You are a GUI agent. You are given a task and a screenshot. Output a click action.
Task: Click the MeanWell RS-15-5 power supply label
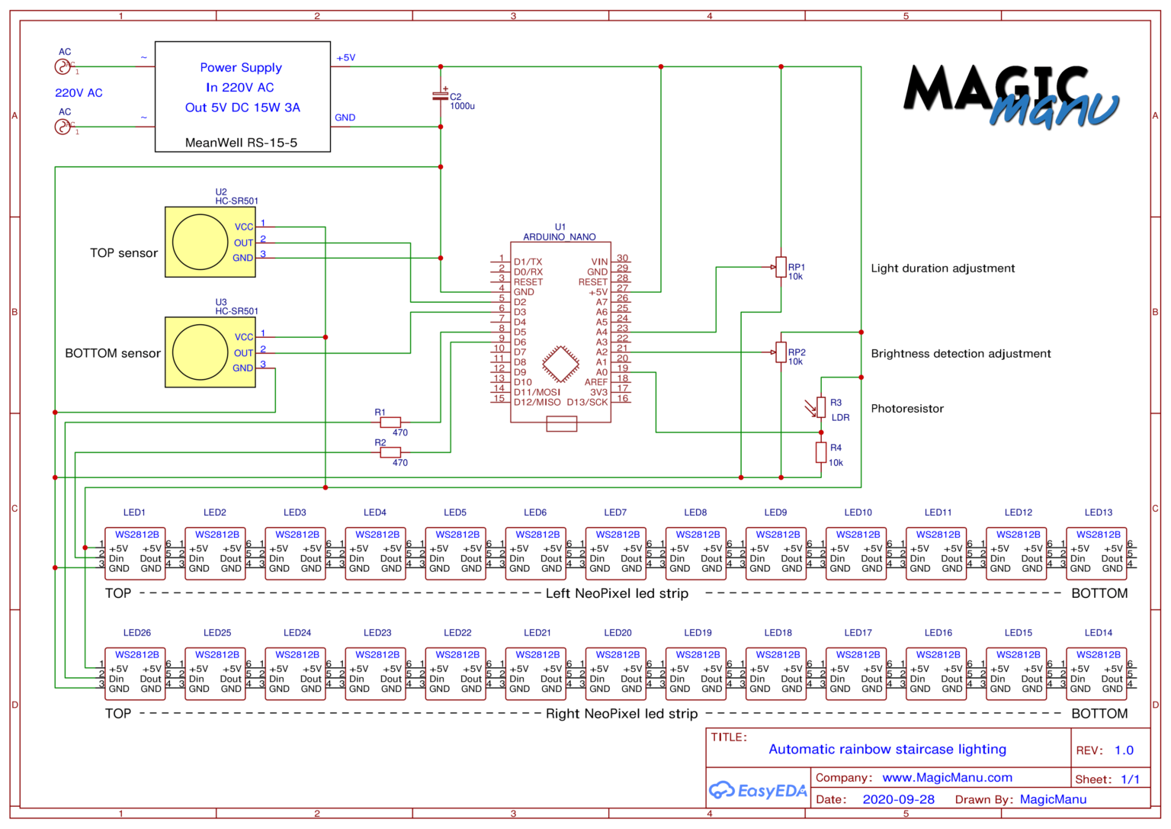241,143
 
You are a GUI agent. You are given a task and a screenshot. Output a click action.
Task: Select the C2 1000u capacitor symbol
440,96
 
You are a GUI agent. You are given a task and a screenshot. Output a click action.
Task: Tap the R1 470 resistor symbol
390,422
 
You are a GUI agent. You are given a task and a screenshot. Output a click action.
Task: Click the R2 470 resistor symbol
390,452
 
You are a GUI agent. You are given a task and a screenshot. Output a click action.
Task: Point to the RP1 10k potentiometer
781,267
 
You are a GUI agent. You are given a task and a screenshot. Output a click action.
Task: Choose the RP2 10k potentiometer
781,352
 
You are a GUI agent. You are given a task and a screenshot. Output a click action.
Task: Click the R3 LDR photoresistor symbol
820,407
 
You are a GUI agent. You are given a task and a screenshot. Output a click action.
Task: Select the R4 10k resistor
820,452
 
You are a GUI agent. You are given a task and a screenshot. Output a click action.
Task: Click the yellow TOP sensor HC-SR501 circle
200,242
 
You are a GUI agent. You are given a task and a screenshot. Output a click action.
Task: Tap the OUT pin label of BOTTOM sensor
243,353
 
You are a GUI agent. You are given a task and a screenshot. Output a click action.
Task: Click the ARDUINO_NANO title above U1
560,237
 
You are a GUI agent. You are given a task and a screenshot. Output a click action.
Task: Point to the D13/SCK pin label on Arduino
587,402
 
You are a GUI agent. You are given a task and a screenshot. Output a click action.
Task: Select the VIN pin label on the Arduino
599,262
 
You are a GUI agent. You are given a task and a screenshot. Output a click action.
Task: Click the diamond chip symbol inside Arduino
560,365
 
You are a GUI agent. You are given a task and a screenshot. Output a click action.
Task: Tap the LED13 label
1098,513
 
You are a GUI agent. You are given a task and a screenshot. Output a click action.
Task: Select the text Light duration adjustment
942,268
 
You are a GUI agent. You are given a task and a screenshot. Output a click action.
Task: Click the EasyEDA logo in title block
757,791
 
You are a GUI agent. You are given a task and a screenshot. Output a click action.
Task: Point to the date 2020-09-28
898,799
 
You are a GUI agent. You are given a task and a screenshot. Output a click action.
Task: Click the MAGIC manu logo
1010,96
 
